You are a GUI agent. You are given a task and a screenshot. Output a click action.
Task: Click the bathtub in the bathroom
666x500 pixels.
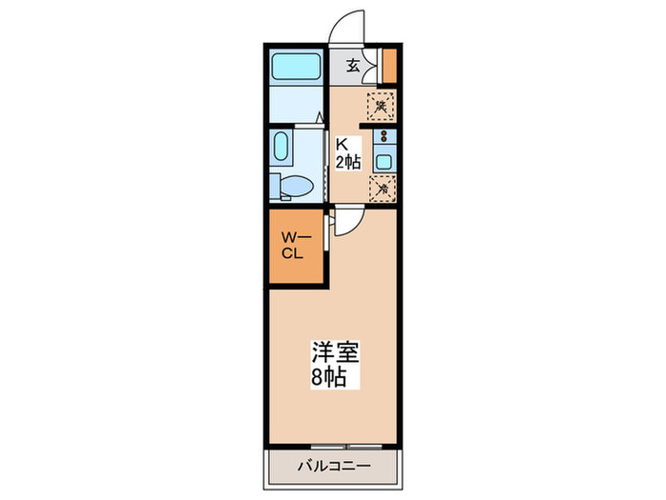296,67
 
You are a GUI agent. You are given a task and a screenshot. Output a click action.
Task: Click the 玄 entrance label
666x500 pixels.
353,66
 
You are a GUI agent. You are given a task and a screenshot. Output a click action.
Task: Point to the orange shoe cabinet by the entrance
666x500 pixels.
389,64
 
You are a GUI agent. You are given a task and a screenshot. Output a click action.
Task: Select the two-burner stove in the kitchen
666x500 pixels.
384,137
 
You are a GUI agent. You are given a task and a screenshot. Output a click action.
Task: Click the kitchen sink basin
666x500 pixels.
384,161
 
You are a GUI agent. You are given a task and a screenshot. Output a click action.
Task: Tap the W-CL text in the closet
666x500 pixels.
292,245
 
